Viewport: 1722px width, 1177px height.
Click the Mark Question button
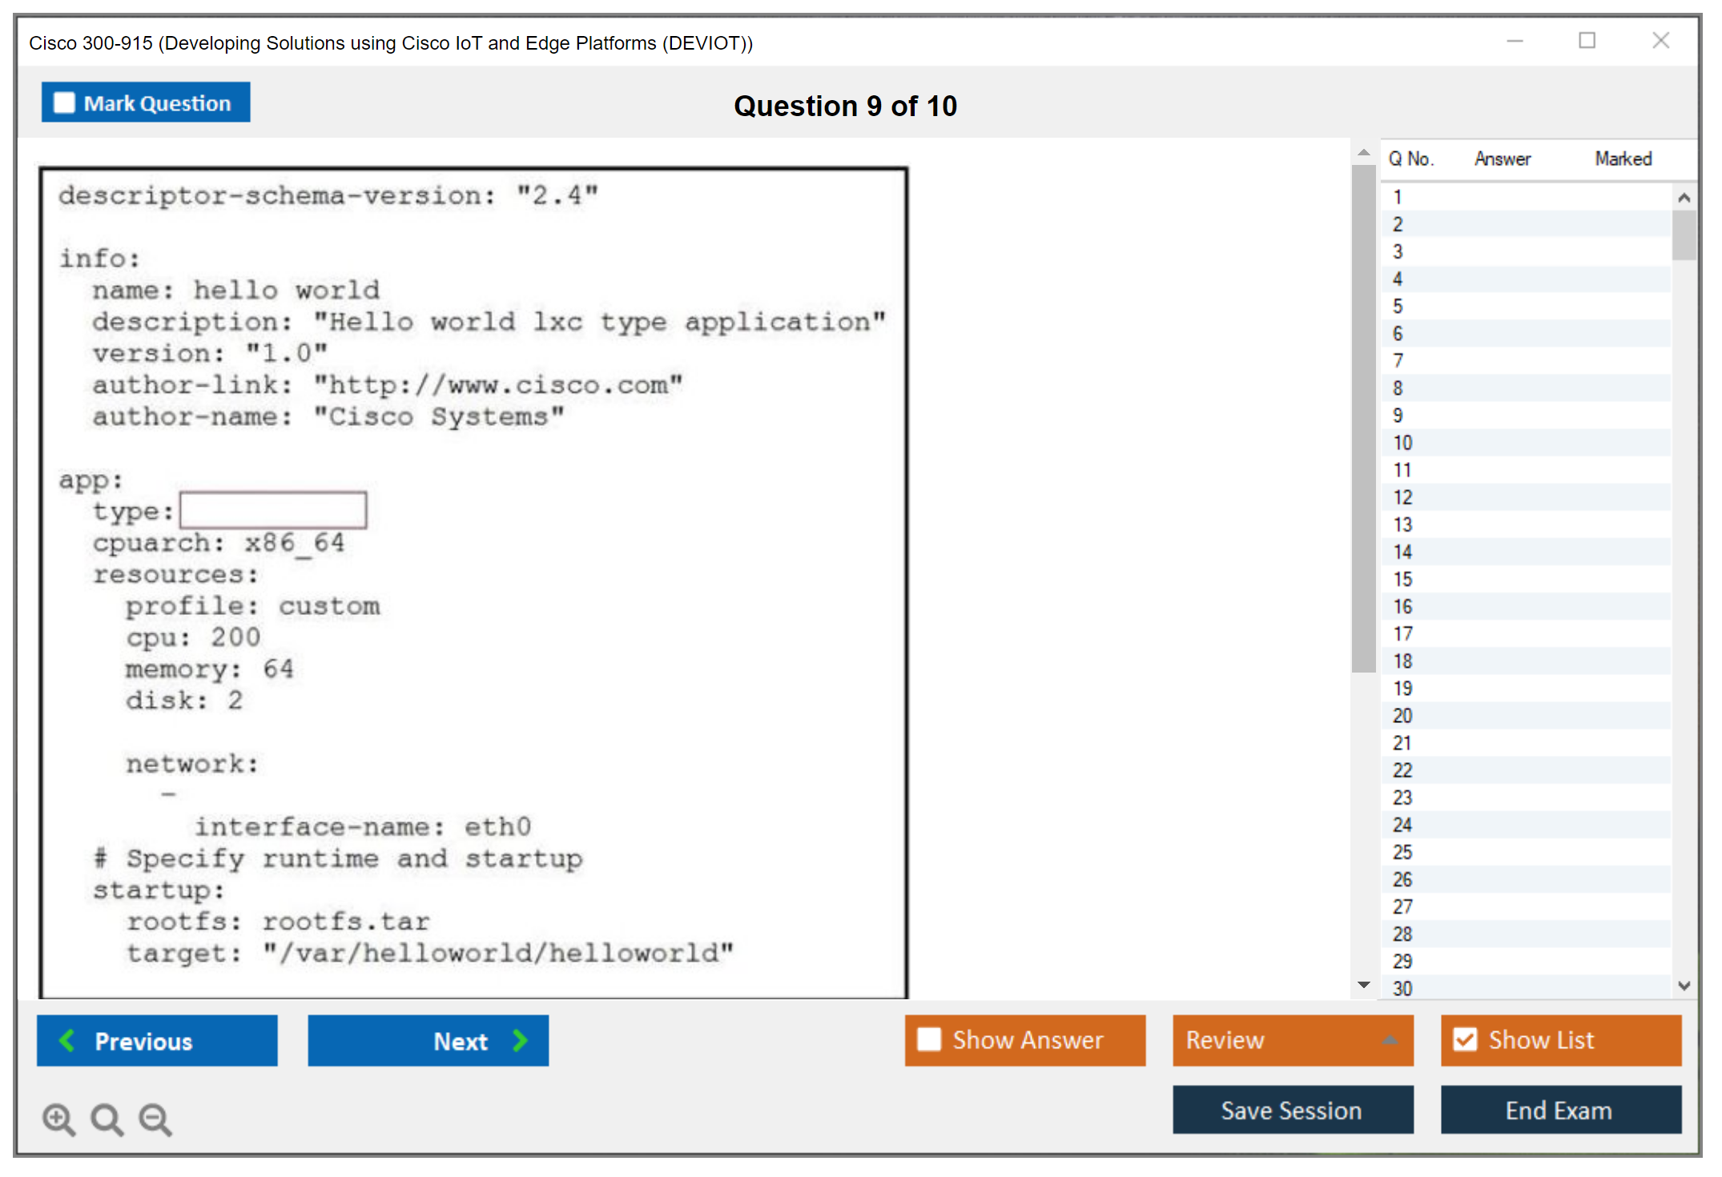pos(146,102)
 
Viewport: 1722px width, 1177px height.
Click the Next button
pos(428,1040)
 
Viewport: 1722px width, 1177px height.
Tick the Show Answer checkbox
pos(929,1039)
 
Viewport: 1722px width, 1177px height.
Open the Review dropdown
pos(1293,1040)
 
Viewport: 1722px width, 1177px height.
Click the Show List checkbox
pos(1465,1039)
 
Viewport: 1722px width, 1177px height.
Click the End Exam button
pos(1561,1110)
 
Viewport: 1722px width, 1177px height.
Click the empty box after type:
pos(273,510)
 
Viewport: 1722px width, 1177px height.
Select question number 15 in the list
pos(1402,579)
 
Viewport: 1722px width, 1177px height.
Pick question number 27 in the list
pos(1402,906)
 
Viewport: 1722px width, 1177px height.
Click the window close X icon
pos(1661,40)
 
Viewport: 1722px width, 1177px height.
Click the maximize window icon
pos(1587,40)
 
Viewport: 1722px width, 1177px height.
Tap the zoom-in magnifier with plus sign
pos(58,1119)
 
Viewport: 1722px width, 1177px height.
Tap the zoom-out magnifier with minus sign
pos(155,1119)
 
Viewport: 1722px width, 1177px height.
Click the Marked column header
pos(1623,159)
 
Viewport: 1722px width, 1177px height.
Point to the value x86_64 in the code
pos(295,544)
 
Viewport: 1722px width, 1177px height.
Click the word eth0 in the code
pos(498,826)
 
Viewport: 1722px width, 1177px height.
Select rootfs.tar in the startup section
pos(346,922)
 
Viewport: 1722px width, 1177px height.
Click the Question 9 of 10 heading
pos(845,106)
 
